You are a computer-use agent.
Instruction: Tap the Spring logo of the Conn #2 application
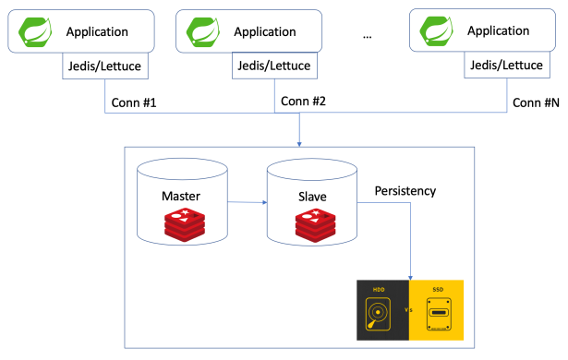(x=205, y=33)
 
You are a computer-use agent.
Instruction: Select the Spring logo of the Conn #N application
(x=439, y=32)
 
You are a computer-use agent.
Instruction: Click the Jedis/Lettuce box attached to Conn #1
(x=106, y=67)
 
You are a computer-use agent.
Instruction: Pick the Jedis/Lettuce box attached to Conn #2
(x=274, y=67)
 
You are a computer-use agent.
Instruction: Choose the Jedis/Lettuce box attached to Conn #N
(x=507, y=67)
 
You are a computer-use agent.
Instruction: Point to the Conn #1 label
(x=134, y=102)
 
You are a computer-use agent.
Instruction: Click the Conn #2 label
(x=304, y=101)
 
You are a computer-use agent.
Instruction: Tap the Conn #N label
(x=537, y=102)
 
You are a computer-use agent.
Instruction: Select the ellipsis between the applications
(x=367, y=36)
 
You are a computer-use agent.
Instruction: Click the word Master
(x=180, y=197)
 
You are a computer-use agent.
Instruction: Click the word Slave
(x=310, y=197)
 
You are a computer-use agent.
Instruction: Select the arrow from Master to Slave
(x=246, y=202)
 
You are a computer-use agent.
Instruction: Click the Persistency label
(x=405, y=191)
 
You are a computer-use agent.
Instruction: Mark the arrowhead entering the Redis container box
(x=299, y=143)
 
